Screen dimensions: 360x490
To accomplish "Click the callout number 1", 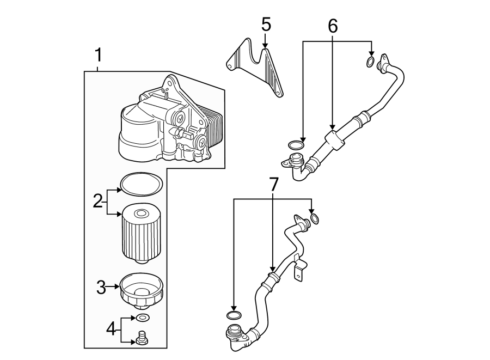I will (98, 55).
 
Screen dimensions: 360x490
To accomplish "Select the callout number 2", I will (97, 202).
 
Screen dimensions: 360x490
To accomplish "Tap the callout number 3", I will (101, 287).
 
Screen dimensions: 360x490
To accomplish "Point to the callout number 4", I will (111, 328).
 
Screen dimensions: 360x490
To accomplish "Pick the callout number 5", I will (266, 25).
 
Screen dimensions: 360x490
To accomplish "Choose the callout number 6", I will (333, 25).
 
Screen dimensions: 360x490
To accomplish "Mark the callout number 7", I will (273, 184).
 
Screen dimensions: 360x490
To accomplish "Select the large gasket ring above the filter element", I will (141, 183).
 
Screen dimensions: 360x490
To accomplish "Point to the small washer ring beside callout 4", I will (143, 318).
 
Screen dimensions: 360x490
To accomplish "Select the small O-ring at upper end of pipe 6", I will (370, 62).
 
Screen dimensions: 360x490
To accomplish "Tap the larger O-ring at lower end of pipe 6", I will (295, 145).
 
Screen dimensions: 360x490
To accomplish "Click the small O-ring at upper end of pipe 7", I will (315, 220).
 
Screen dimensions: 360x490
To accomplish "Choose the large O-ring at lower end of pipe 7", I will (233, 315).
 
